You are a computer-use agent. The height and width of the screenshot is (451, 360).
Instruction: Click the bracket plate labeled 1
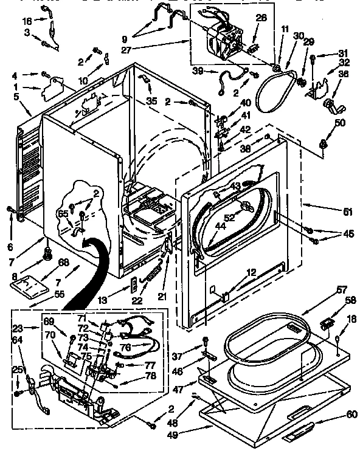point(49,92)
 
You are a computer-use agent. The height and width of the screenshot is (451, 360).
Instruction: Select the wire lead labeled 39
point(231,78)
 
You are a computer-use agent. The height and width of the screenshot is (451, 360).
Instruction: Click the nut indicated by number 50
point(323,144)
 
